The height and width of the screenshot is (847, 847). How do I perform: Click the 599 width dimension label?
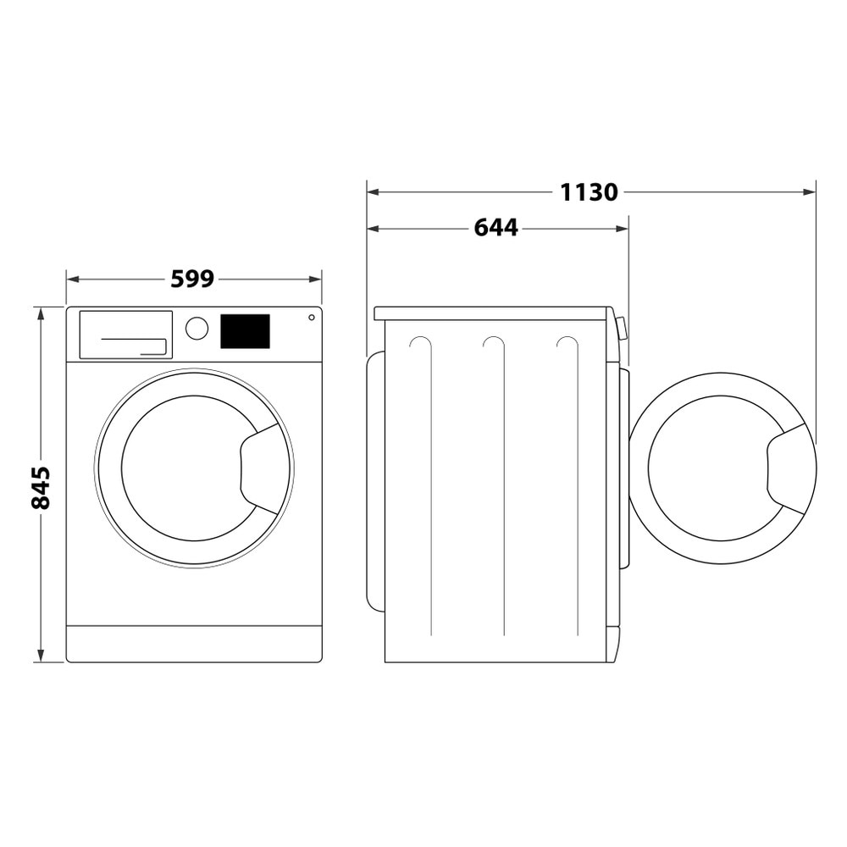[193, 279]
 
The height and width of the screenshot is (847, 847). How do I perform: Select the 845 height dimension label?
[41, 487]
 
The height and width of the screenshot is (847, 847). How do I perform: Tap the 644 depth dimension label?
[495, 228]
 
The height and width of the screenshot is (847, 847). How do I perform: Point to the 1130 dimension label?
[589, 192]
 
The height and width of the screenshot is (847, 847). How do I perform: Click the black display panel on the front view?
[245, 331]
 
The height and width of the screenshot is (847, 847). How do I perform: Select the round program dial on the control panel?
[197, 329]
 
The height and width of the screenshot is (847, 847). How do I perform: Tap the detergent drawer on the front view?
[125, 335]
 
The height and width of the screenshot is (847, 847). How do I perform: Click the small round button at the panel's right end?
[311, 318]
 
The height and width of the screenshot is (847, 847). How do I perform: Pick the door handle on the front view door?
[263, 468]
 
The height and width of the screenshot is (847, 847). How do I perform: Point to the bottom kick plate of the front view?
[194, 644]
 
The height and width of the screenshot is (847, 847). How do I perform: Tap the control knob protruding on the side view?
[623, 328]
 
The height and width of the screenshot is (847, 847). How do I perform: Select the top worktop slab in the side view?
[491, 313]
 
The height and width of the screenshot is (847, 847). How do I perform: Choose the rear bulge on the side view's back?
[375, 481]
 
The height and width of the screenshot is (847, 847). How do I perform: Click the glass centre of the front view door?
[188, 468]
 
